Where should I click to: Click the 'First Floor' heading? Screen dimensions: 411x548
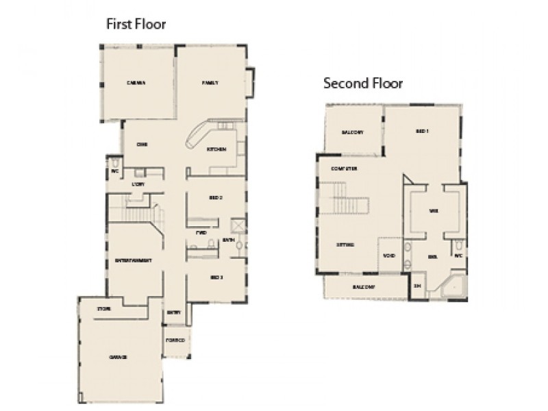click(136, 24)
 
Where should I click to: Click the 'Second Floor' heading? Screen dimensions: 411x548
click(362, 84)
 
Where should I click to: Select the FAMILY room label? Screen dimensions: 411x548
click(210, 83)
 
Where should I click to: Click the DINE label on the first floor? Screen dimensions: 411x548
click(142, 145)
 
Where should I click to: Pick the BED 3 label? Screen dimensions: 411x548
click(216, 276)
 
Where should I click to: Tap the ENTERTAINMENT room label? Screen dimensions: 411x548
click(132, 261)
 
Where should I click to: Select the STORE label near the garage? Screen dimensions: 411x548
click(103, 310)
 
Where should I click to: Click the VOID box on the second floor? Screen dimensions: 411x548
click(388, 257)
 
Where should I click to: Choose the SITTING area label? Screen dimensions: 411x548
click(345, 245)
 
